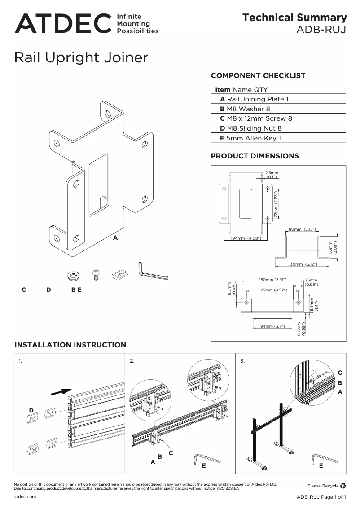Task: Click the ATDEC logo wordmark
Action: pyautogui.click(x=63, y=23)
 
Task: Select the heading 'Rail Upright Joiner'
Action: pyautogui.click(x=81, y=58)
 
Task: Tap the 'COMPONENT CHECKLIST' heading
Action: pyautogui.click(x=258, y=75)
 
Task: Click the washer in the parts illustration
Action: pyautogui.click(x=72, y=274)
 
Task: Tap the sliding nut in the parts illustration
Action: pyautogui.click(x=119, y=273)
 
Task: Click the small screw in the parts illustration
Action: pyautogui.click(x=95, y=274)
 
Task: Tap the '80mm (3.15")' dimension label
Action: pyautogui.click(x=303, y=229)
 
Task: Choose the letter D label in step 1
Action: pyautogui.click(x=31, y=410)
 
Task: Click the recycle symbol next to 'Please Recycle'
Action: pyautogui.click(x=343, y=485)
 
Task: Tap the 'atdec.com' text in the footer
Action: pyautogui.click(x=25, y=497)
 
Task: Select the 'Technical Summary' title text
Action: pyautogui.click(x=294, y=18)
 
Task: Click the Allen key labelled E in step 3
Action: pyautogui.click(x=324, y=458)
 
